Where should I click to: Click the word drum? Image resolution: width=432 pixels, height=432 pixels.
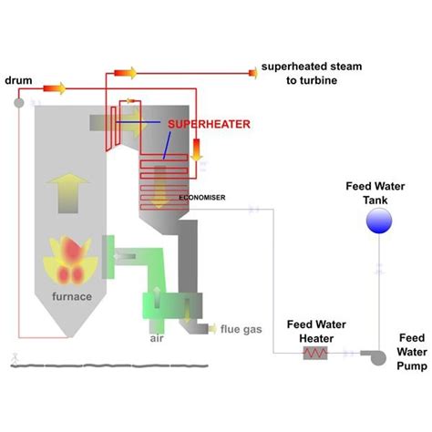point(17,81)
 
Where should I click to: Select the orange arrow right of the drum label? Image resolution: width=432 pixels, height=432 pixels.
point(54,88)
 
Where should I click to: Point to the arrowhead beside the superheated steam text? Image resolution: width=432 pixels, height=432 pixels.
point(248,72)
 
